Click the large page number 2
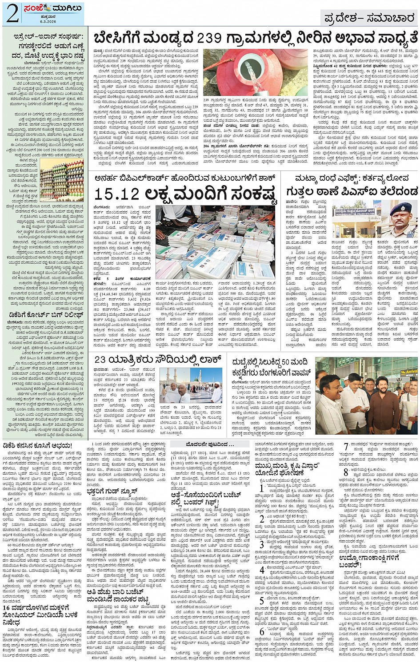pos(12,13)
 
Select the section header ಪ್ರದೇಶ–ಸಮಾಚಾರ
pos(368,18)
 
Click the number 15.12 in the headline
pos(117,194)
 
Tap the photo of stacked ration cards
pos(215,242)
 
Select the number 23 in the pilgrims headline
pos(100,359)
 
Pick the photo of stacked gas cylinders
pos(62,179)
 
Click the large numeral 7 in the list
pos(346,447)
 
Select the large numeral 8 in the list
pos(346,473)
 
